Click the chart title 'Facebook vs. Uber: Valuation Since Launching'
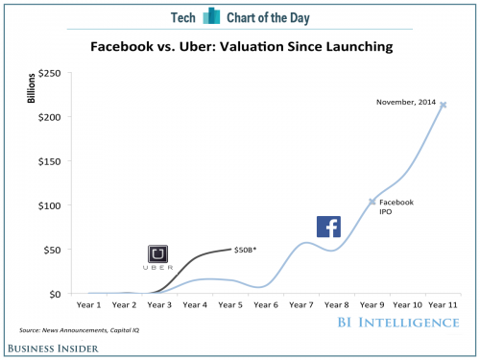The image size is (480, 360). pyautogui.click(x=239, y=45)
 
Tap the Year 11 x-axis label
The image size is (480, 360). pyautogui.click(x=443, y=305)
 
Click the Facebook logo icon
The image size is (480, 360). pyautogui.click(x=328, y=227)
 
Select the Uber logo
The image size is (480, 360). pyautogui.click(x=158, y=255)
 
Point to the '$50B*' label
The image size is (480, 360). pyautogui.click(x=247, y=249)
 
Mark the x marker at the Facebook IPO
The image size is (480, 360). pyautogui.click(x=372, y=202)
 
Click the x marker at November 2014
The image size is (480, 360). pyautogui.click(x=443, y=105)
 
